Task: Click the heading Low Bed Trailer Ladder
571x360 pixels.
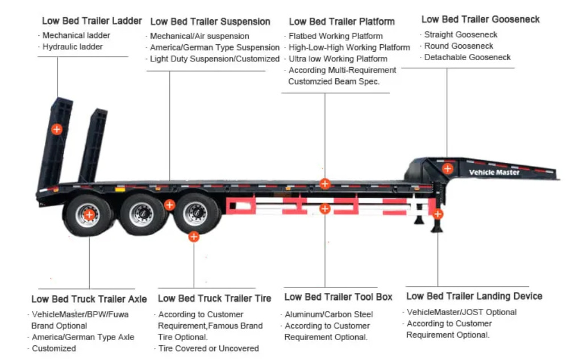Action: [x=91, y=21]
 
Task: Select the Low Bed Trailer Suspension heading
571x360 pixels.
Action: [x=210, y=22]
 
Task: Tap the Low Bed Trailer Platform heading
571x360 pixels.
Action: [x=341, y=22]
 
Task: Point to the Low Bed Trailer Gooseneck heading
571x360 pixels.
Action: [x=480, y=19]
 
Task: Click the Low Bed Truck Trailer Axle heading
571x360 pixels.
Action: [x=89, y=299]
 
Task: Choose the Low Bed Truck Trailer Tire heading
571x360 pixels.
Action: [x=214, y=298]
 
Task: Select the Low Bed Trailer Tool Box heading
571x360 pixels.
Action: [x=338, y=297]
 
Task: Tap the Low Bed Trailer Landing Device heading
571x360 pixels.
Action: [x=474, y=296]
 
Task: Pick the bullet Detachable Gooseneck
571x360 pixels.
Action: [x=467, y=57]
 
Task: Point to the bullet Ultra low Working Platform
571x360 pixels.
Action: [x=337, y=58]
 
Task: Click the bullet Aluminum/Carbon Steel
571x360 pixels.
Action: [x=328, y=314]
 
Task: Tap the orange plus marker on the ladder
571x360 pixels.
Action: [x=57, y=129]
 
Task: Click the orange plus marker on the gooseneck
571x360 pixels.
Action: [x=448, y=168]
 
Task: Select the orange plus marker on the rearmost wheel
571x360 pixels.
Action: [x=89, y=214]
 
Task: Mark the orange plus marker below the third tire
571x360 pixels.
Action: [x=194, y=236]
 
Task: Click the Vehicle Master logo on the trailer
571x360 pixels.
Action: [x=494, y=172]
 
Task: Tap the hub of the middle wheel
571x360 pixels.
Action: [x=141, y=214]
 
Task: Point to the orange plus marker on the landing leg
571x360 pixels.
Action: [x=437, y=214]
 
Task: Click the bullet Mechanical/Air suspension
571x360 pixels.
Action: [x=199, y=36]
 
